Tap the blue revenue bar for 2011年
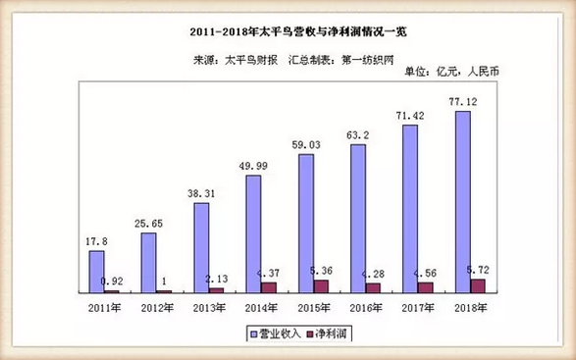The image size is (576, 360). [96, 271]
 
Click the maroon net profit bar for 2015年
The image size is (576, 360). [321, 285]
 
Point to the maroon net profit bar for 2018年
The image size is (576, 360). [478, 284]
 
